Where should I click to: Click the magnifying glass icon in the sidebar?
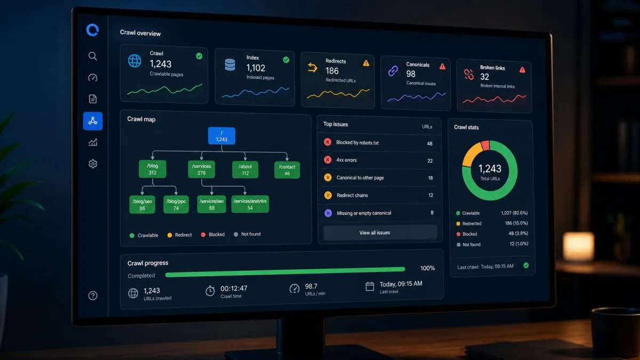[93, 56]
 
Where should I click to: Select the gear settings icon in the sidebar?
[93, 164]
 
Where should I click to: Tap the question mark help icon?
[93, 295]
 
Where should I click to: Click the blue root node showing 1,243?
[221, 135]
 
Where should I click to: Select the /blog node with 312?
[153, 169]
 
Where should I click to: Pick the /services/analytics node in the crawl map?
[250, 204]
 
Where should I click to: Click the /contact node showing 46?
[287, 170]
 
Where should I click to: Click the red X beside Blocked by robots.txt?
[327, 142]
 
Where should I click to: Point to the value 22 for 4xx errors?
[430, 161]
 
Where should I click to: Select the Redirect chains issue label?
[352, 195]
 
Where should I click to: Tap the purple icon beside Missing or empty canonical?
[328, 213]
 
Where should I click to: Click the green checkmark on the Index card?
[286, 60]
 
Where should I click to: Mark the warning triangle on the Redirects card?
[366, 63]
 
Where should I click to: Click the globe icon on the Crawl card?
[134, 61]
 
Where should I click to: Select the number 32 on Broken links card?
[485, 77]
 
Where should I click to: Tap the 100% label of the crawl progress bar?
[427, 268]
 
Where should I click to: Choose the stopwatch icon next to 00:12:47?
[210, 291]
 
